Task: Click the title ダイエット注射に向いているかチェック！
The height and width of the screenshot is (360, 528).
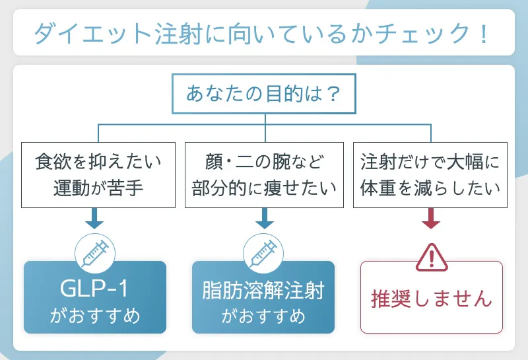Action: (x=263, y=32)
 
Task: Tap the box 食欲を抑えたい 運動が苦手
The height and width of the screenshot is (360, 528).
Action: (x=98, y=174)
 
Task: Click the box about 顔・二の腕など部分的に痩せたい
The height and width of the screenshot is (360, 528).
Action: (x=264, y=174)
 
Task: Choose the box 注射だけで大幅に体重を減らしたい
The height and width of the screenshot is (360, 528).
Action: (x=430, y=174)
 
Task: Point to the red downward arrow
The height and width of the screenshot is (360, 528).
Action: (x=430, y=219)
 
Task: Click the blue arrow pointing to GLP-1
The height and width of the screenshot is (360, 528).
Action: (x=95, y=219)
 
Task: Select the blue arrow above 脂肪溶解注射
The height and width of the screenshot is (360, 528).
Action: (x=264, y=219)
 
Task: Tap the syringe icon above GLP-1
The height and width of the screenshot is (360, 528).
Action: (x=95, y=252)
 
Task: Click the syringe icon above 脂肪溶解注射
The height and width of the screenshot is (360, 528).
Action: (x=263, y=252)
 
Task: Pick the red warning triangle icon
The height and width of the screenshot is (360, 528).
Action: (x=432, y=256)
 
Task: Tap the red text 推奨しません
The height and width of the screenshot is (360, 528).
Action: (x=432, y=298)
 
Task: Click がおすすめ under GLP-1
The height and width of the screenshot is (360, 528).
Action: (x=95, y=316)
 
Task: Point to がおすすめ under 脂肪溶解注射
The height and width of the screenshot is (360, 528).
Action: (x=263, y=316)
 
